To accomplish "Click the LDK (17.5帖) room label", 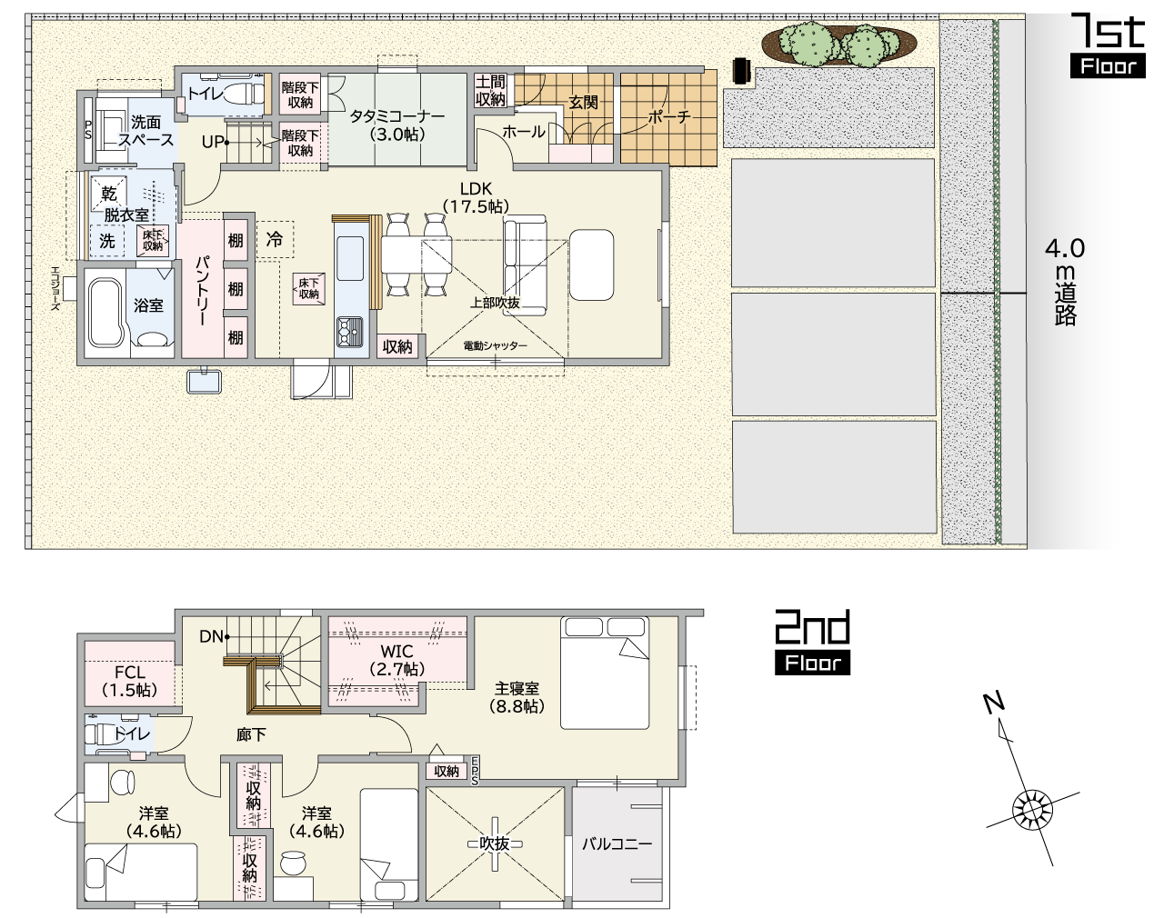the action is tap(476, 197).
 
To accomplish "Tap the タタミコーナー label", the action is tap(397, 116).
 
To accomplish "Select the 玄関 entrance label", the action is tap(583, 102).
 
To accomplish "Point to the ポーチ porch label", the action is tap(669, 116).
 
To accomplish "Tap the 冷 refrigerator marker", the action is tap(275, 239).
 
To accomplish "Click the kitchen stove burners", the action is tap(350, 331).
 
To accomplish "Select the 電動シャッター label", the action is tap(495, 345).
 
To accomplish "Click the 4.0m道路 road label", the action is tap(1065, 281).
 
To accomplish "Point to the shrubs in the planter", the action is tap(839, 43).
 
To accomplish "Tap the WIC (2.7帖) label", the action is tap(397, 660).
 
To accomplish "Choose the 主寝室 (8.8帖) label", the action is tap(517, 697).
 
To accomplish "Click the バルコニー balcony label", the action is tap(617, 844).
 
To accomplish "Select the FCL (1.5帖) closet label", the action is tap(130, 681).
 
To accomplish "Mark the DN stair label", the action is tap(211, 636).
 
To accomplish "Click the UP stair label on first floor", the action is tap(213, 142).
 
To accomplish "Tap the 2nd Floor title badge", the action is tap(812, 643).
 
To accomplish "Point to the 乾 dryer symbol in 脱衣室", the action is tap(109, 194).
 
